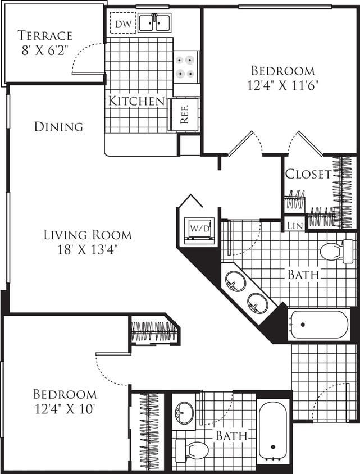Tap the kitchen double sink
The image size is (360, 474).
[154, 23]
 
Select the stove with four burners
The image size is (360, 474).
[186, 66]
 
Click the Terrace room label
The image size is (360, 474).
[45, 35]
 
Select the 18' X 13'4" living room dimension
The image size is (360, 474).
[88, 249]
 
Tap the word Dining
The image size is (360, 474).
[59, 127]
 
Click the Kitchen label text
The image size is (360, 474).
[136, 102]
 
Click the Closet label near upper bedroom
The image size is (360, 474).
[308, 174]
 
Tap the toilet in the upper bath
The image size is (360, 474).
[338, 251]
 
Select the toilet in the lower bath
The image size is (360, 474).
[192, 450]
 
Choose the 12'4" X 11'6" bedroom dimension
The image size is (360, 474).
[282, 86]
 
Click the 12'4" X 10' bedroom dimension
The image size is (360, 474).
[65, 408]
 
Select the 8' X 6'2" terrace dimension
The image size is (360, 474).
[45, 49]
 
